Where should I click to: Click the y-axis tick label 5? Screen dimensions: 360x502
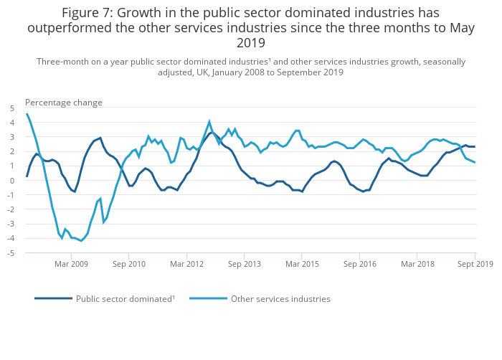tap(11, 108)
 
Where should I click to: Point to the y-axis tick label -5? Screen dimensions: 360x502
tap(10, 253)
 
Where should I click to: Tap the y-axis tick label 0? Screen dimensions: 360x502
tap(11, 181)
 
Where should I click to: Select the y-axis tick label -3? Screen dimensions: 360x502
tap(10, 224)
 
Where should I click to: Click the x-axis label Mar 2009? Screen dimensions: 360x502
tap(71, 264)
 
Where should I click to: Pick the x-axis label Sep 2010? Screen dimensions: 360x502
tap(129, 264)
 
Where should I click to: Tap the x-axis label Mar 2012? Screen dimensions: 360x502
tap(186, 264)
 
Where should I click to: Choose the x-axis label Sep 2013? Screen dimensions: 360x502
tap(245, 264)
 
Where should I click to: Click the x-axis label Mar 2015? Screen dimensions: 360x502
tap(302, 264)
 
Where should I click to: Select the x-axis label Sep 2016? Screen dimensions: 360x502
tap(360, 264)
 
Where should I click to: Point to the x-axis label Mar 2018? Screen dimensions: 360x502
tap(417, 264)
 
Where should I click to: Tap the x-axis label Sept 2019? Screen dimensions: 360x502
tap(475, 264)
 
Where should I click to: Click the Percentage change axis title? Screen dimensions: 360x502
tap(64, 103)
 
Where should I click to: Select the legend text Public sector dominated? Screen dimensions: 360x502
tap(125, 298)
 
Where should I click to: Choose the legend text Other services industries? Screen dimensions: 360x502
tap(280, 298)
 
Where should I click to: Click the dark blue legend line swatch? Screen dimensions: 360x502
tap(53, 298)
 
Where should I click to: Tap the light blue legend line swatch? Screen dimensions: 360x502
tap(208, 298)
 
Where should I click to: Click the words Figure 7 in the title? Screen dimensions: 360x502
tap(86, 13)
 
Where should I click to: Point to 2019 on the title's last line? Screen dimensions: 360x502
tap(251, 43)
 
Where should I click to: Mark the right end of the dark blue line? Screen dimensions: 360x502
tap(475, 146)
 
